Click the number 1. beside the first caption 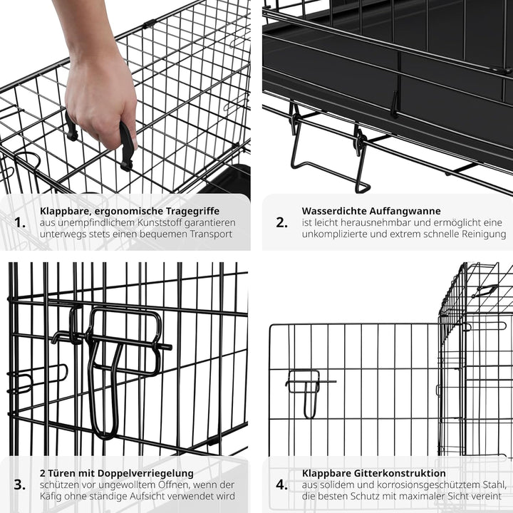(x=21, y=222)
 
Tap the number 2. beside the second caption (x=282, y=222)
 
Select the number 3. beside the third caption (x=21, y=484)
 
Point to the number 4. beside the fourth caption (x=282, y=484)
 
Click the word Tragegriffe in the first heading (x=189, y=211)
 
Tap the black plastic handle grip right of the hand (x=127, y=146)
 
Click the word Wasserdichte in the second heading (x=334, y=211)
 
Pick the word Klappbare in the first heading (x=65, y=211)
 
